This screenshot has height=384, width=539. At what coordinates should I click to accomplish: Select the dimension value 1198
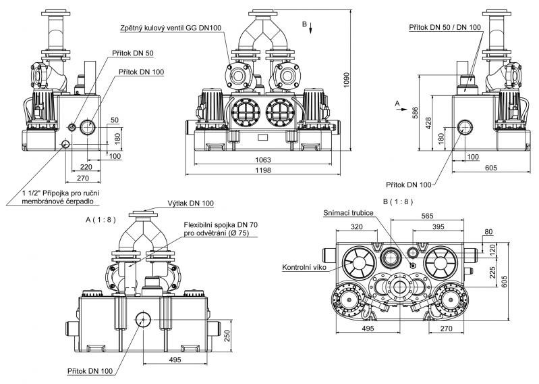coord(263,170)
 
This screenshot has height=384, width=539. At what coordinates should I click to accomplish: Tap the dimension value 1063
coord(263,160)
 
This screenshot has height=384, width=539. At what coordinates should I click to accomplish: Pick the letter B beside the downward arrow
coord(304,24)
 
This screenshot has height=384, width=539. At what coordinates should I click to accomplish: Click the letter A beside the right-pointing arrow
coord(397,103)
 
